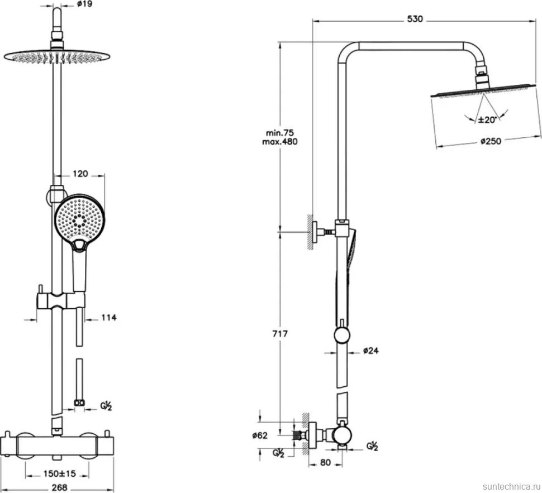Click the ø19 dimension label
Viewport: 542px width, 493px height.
point(85,4)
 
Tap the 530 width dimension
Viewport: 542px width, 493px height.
point(415,19)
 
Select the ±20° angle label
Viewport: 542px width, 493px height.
point(487,120)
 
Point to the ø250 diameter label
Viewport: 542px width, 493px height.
point(491,141)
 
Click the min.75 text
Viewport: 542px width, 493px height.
point(280,133)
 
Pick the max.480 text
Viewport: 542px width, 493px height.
point(279,142)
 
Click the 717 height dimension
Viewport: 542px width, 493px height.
point(280,334)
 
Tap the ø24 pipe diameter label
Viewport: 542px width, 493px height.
point(371,351)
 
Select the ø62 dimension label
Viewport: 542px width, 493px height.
point(260,435)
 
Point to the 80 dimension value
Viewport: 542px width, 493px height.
point(325,462)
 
